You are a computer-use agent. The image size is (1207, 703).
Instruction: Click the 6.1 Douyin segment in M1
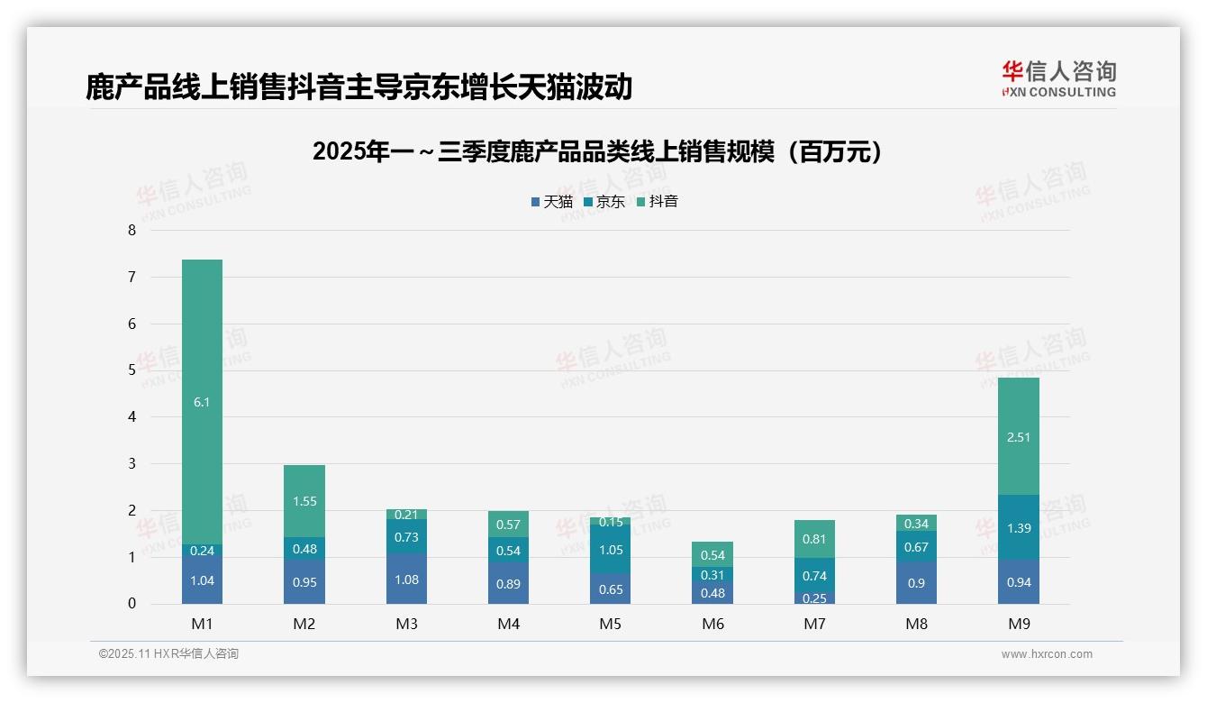(202, 402)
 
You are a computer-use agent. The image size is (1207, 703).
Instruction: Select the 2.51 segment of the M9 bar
(1019, 437)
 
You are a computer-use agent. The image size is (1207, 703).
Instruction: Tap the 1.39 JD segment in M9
(1019, 528)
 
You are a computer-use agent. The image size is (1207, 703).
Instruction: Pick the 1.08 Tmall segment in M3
(406, 580)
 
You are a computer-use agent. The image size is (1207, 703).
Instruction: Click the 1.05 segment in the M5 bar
(611, 550)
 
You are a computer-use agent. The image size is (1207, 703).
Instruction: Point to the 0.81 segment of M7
(814, 539)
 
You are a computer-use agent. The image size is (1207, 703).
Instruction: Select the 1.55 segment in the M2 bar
(304, 501)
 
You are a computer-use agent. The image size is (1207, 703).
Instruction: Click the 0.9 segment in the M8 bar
(916, 583)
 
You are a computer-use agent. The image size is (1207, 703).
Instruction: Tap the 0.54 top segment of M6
(712, 554)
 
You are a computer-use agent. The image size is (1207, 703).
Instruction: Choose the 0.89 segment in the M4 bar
(508, 584)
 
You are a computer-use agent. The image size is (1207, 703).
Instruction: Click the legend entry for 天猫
(552, 202)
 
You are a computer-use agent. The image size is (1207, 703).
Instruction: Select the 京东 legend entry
(604, 202)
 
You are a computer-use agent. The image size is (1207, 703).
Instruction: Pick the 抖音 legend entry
(658, 202)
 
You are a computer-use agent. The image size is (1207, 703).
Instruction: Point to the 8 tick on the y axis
(132, 231)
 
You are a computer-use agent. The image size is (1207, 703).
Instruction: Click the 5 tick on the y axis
(132, 370)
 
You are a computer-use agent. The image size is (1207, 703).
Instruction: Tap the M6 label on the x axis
(712, 624)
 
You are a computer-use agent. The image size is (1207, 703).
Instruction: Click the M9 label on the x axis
(1019, 624)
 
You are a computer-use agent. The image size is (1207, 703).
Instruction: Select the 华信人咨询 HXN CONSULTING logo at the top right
(1058, 79)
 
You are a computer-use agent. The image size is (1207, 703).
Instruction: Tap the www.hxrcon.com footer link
(1047, 654)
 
